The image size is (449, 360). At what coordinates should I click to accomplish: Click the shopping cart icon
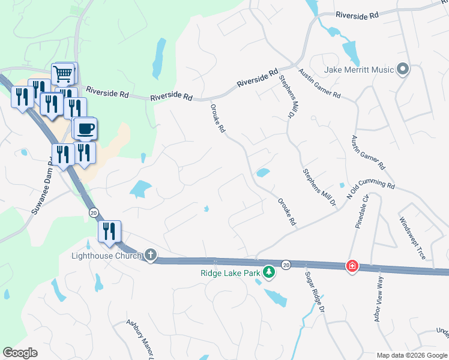64,74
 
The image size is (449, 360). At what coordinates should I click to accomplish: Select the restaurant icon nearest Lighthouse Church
109,231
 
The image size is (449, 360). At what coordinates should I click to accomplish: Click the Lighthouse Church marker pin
150,256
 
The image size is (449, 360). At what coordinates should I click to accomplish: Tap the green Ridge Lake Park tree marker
270,273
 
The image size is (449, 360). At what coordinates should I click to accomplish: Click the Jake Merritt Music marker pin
402,70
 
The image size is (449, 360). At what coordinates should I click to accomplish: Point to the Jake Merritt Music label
359,70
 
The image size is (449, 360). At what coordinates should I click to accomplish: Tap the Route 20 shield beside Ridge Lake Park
286,265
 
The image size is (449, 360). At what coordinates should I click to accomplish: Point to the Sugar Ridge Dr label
315,292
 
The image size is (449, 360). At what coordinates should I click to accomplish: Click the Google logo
20,353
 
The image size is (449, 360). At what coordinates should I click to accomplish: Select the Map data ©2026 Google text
412,355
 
